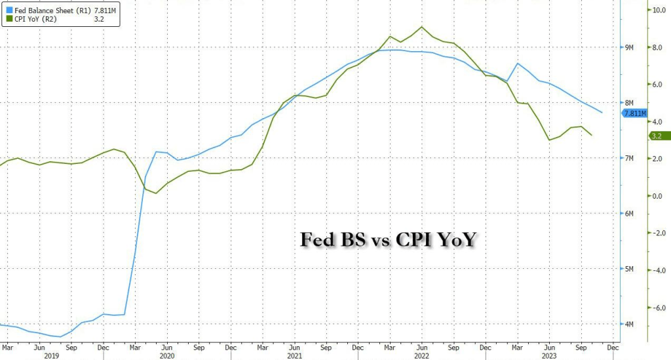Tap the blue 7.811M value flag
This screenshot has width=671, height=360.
pos(634,113)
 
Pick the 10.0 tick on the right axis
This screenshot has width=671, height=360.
pos(657,10)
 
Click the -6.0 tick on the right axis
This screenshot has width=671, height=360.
pos(657,307)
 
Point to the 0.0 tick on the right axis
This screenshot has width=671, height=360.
pos(655,195)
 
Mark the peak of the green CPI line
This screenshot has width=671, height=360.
pos(421,27)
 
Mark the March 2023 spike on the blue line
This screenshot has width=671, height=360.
pos(518,64)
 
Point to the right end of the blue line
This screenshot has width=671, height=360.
pos(602,112)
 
